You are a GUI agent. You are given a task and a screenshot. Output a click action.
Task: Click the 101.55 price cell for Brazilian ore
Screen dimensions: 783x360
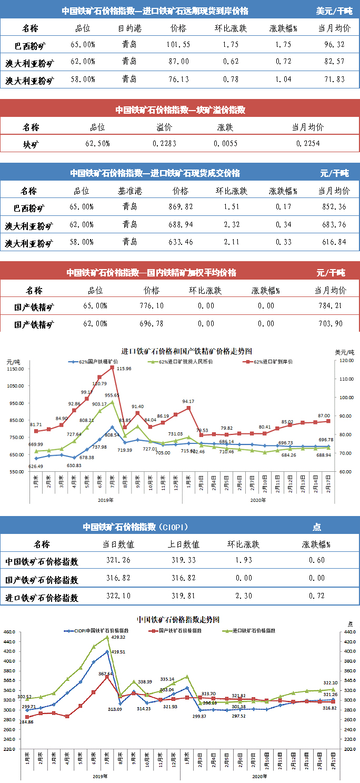[x=178, y=45]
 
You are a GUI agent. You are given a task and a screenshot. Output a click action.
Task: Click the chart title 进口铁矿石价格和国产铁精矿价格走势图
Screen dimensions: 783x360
[x=186, y=351]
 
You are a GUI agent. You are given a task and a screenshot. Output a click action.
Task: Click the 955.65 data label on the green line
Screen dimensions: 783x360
[x=112, y=395]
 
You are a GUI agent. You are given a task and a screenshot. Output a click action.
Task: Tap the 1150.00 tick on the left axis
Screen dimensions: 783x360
[x=15, y=369]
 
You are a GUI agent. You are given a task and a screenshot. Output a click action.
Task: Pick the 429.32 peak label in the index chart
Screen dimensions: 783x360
[x=118, y=637]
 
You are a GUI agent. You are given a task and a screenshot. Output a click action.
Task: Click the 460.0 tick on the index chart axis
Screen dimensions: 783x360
[x=8, y=632]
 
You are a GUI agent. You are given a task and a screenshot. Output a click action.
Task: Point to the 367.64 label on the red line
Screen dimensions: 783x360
[x=105, y=673]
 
